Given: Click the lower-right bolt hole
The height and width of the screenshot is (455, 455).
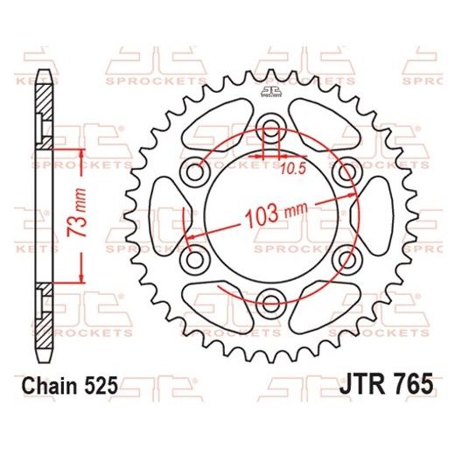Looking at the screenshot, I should click(349, 258).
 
